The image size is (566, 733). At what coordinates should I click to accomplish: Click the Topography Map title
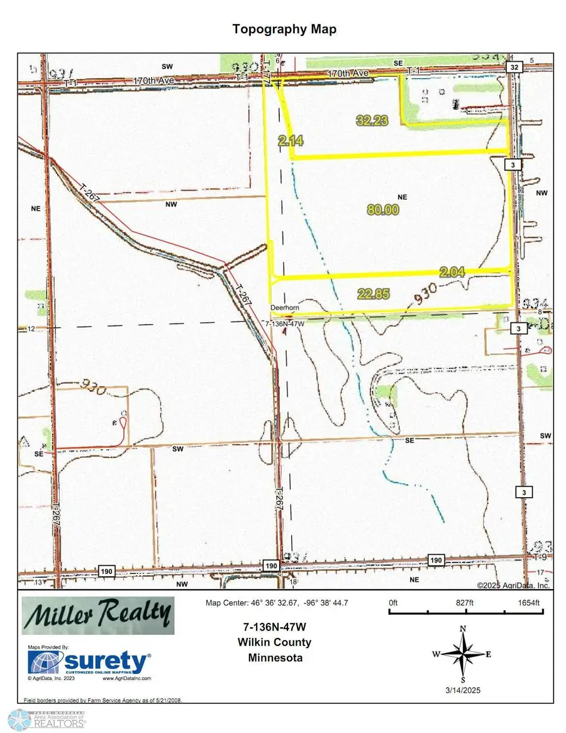pyautogui.click(x=284, y=30)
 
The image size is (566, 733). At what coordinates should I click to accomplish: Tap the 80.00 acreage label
pyautogui.click(x=385, y=210)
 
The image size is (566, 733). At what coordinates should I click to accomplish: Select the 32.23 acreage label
pyautogui.click(x=371, y=121)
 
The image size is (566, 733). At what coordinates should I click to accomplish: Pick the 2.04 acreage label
pyautogui.click(x=453, y=272)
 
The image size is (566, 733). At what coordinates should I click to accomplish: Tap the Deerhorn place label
pyautogui.click(x=282, y=308)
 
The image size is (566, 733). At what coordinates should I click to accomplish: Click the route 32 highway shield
pyautogui.click(x=514, y=67)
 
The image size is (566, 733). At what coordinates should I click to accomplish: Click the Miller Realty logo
pyautogui.click(x=98, y=615)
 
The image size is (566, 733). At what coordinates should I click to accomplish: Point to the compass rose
pyautogui.click(x=462, y=654)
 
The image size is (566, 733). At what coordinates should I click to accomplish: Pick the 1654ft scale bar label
pyautogui.click(x=524, y=603)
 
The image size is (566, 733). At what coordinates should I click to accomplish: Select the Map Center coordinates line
pyautogui.click(x=277, y=603)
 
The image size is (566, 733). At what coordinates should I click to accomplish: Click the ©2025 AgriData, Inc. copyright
pyautogui.click(x=513, y=585)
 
